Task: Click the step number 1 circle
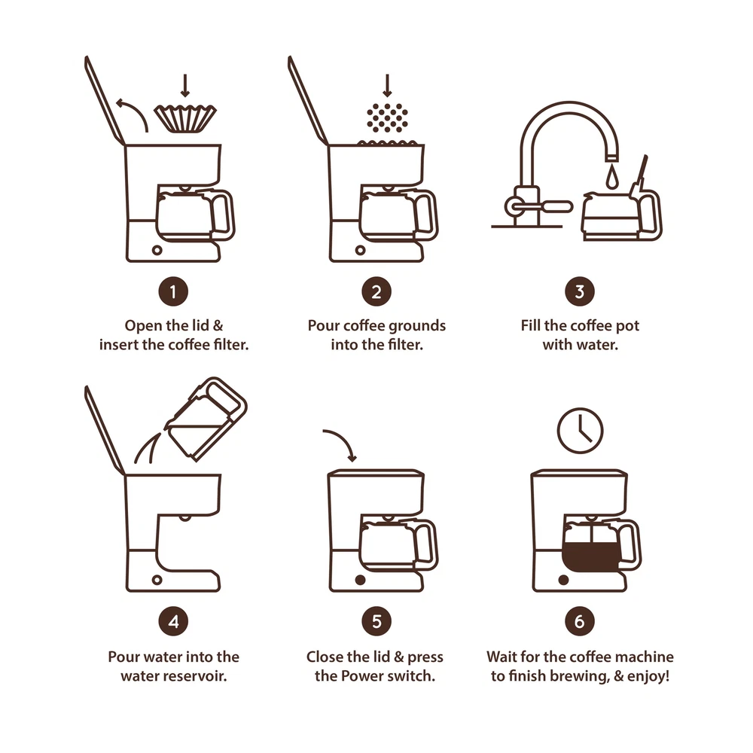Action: point(173,291)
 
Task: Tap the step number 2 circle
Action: point(376,291)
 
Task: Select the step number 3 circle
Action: point(580,291)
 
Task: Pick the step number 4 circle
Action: point(173,621)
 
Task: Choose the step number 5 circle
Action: point(376,621)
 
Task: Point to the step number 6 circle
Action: point(580,621)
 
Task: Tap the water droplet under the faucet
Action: point(611,177)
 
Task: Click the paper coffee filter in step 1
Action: point(185,119)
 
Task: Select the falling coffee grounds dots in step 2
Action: point(387,117)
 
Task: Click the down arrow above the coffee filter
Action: point(185,86)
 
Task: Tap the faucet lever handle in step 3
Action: point(539,207)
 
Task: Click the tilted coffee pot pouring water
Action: point(206,419)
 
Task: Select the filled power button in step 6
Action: point(563,580)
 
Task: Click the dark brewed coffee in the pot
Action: point(590,557)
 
